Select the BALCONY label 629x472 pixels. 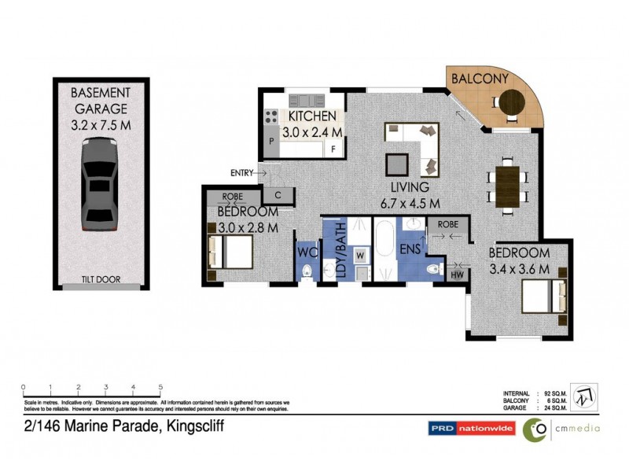click(480, 79)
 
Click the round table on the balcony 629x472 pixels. click(513, 101)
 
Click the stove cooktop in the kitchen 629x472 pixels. click(270, 116)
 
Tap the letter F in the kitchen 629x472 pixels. click(333, 149)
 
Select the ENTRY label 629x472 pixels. click(241, 172)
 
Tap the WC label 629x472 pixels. click(307, 253)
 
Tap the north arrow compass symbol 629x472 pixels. click(584, 396)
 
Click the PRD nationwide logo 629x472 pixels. click(470, 429)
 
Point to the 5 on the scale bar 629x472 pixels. click(160, 387)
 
